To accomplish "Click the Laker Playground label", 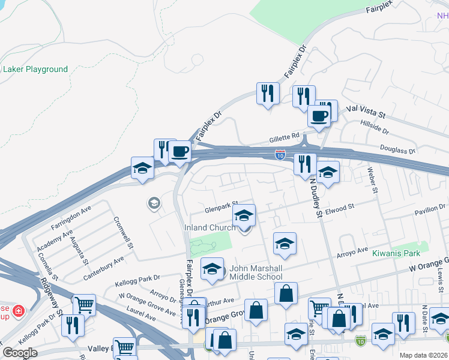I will pyautogui.click(x=35, y=69).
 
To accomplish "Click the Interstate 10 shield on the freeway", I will pyautogui.click(x=280, y=154).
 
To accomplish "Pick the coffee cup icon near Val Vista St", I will pyautogui.click(x=319, y=115).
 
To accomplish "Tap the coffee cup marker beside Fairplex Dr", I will pyautogui.click(x=179, y=151).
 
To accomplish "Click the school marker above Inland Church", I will pyautogui.click(x=243, y=214).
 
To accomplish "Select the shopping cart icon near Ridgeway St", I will pyautogui.click(x=84, y=305).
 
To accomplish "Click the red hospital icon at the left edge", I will pyautogui.click(x=19, y=311).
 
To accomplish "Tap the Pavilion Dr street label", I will pyautogui.click(x=430, y=207).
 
